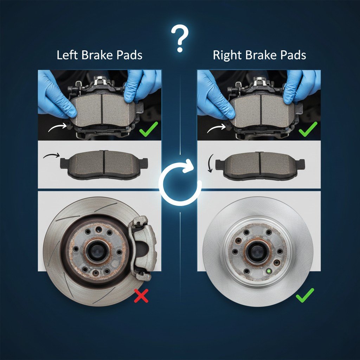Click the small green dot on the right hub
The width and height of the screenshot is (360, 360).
pyautogui.click(x=269, y=271)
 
